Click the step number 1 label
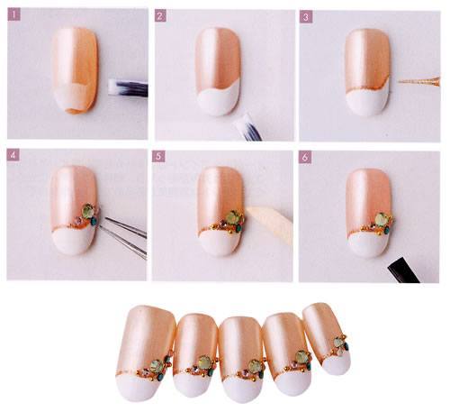pyautogui.click(x=14, y=14)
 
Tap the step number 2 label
pyautogui.click(x=160, y=16)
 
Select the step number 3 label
pyautogui.click(x=306, y=17)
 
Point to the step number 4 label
pyautogui.click(x=13, y=155)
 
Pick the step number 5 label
pyautogui.click(x=158, y=156)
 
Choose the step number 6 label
pyautogui.click(x=305, y=157)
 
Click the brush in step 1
pyautogui.click(x=128, y=87)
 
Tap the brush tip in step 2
pyautogui.click(x=247, y=127)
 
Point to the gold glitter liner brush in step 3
pyautogui.click(x=419, y=81)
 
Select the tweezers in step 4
pyautogui.click(x=123, y=236)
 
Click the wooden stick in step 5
pyautogui.click(x=270, y=223)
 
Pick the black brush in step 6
pyautogui.click(x=403, y=270)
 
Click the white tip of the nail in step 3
pyautogui.click(x=367, y=102)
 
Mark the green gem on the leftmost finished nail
pyautogui.click(x=156, y=366)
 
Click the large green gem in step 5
pyautogui.click(x=231, y=217)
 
